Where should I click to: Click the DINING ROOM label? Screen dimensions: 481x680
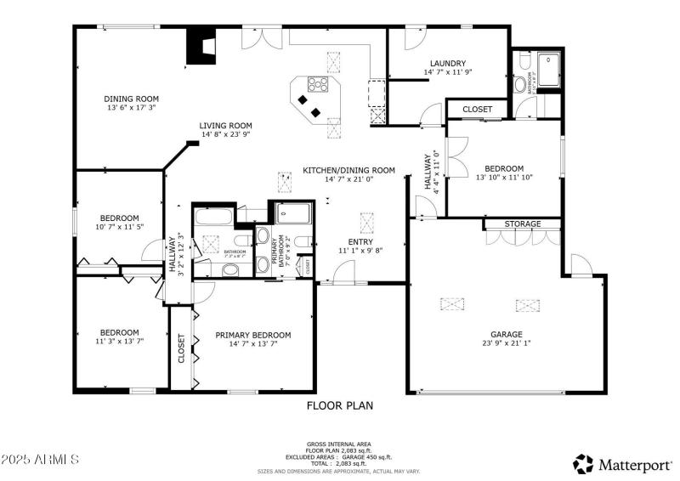pyautogui.click(x=132, y=99)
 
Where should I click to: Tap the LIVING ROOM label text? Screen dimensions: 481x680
pyautogui.click(x=226, y=125)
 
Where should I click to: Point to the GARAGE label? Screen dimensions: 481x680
pyautogui.click(x=506, y=334)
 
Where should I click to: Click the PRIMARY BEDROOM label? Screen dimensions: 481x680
pyautogui.click(x=253, y=335)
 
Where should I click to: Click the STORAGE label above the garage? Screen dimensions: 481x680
pyautogui.click(x=522, y=224)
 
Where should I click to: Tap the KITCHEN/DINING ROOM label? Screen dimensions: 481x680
pyautogui.click(x=348, y=170)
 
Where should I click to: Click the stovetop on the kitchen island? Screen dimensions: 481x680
pyautogui.click(x=319, y=83)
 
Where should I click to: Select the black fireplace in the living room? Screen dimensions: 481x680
pyautogui.click(x=201, y=48)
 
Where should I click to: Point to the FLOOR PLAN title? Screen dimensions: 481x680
pyautogui.click(x=339, y=405)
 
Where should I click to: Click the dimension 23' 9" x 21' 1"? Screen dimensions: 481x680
pyautogui.click(x=506, y=344)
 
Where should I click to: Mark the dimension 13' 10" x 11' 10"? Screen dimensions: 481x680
pyautogui.click(x=504, y=178)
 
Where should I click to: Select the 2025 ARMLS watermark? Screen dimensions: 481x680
pyautogui.click(x=40, y=460)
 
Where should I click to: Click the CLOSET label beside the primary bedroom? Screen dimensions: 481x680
pyautogui.click(x=181, y=348)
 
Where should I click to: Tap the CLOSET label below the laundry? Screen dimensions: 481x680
pyautogui.click(x=477, y=110)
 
